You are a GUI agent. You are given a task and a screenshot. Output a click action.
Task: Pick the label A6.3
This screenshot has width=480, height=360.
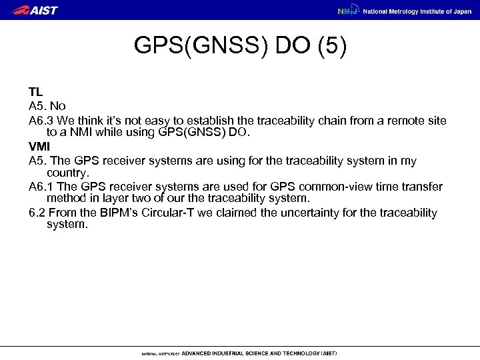tap(41, 119)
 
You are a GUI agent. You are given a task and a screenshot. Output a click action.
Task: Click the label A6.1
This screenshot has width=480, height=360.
tap(41, 187)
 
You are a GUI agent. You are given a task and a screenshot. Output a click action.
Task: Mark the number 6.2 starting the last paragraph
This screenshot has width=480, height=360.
tap(37, 213)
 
